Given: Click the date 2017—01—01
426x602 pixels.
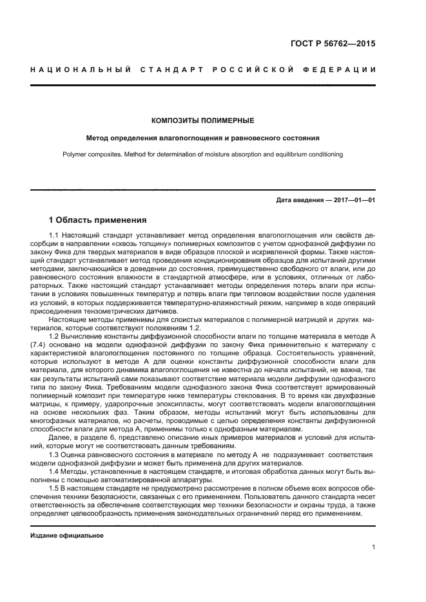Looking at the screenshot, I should click(354, 200).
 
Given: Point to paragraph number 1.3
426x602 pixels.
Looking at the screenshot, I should click(54, 455).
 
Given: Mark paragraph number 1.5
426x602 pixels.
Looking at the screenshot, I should click(54, 489).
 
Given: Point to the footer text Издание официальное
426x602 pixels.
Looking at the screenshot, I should click(67, 535).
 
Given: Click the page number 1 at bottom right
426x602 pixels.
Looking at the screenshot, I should click(374, 547).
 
